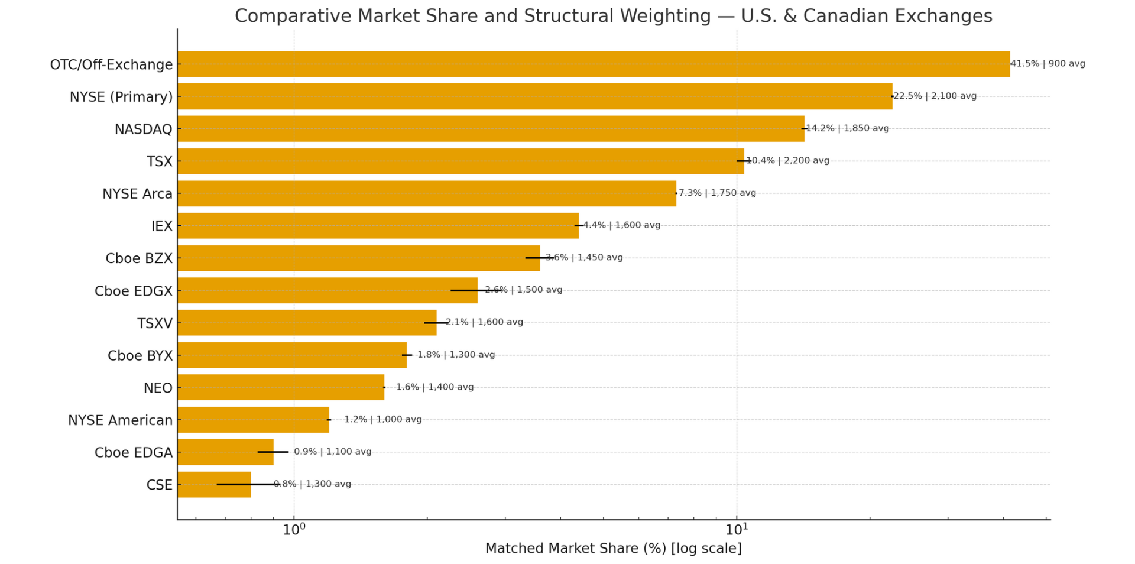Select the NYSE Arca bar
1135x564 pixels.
tap(426, 193)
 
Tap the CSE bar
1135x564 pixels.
tap(214, 484)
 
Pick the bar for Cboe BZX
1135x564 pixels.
tap(358, 258)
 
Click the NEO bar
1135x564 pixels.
tap(281, 387)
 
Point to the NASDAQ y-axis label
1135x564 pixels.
tap(144, 129)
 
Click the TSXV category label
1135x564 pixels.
tap(155, 323)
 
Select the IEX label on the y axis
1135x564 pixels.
tap(162, 226)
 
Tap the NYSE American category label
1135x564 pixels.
tap(121, 420)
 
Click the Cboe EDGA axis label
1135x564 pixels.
tap(134, 453)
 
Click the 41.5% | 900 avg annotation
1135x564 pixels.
tap(1048, 64)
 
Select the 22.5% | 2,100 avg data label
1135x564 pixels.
tap(935, 96)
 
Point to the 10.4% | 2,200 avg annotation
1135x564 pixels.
tap(789, 160)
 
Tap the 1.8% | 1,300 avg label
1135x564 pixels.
tap(456, 355)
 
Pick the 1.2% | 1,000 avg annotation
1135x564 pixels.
tap(383, 419)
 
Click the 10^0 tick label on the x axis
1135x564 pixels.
tap(294, 529)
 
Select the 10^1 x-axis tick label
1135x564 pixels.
tap(736, 529)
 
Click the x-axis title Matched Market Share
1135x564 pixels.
tap(613, 548)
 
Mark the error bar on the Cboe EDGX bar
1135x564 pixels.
tap(476, 290)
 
